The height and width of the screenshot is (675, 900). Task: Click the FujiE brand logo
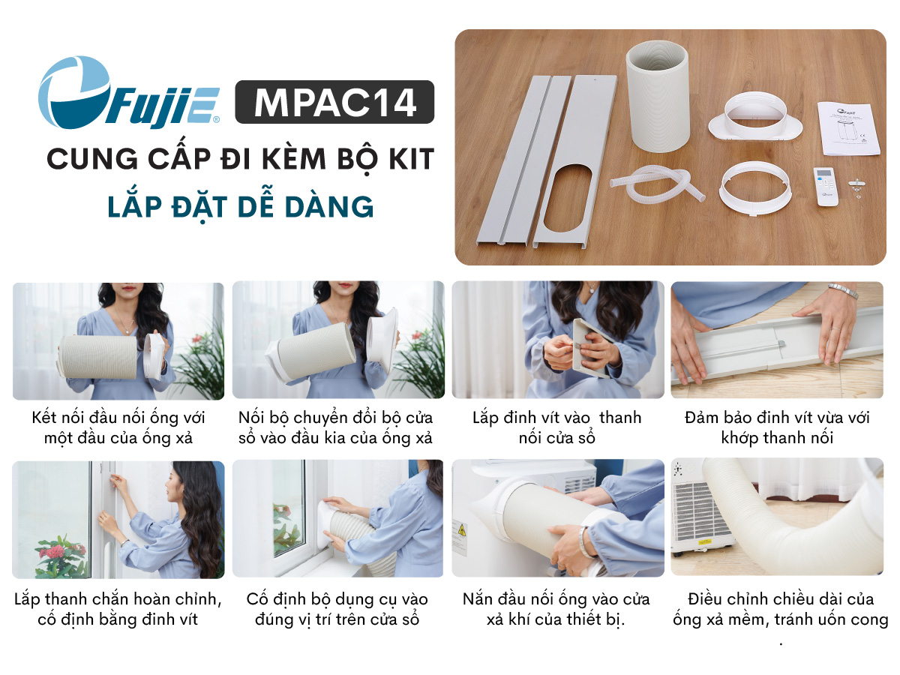(x=128, y=92)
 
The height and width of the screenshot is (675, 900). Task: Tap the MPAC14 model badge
(x=334, y=102)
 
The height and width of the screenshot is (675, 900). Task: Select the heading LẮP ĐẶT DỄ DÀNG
(x=241, y=206)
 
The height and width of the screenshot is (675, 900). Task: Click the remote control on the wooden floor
(x=825, y=187)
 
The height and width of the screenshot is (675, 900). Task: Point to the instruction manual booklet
(x=849, y=128)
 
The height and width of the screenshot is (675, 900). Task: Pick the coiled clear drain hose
(x=656, y=187)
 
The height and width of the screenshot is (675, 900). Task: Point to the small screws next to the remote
(x=856, y=187)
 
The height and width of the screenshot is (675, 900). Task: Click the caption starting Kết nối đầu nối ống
(x=118, y=427)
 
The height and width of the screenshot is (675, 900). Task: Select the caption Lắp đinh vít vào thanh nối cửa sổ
(x=556, y=427)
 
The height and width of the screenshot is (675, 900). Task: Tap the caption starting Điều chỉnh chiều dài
(x=780, y=609)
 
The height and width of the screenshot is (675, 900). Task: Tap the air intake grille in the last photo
(x=697, y=511)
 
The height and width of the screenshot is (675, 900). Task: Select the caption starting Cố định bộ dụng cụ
(x=337, y=609)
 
